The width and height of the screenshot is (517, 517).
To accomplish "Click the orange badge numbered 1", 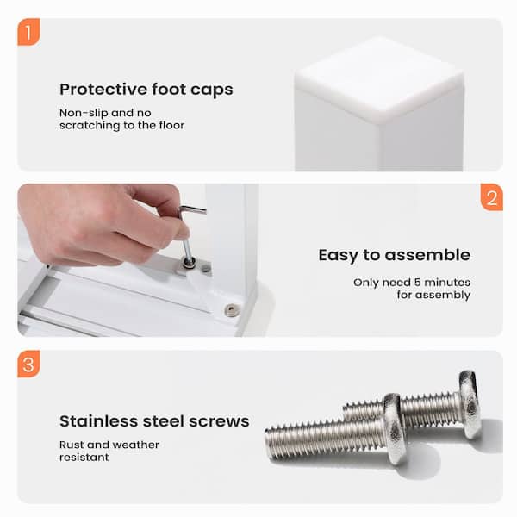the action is click(28, 32).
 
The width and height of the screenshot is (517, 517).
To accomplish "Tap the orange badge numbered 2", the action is click(492, 197).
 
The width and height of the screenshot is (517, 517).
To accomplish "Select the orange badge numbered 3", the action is click(28, 364).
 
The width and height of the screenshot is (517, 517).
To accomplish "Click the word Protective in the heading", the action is click(103, 90).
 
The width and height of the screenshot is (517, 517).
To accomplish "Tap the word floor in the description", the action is click(171, 125).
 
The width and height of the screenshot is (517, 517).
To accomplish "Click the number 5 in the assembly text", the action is click(417, 283).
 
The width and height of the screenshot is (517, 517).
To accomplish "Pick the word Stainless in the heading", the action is click(100, 421).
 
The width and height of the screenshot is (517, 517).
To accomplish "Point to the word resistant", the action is click(84, 457).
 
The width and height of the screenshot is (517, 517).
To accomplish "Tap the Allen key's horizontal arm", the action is click(192, 209).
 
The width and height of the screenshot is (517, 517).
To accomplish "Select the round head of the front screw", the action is click(395, 428).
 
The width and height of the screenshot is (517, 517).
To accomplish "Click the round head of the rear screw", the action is click(470, 405).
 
